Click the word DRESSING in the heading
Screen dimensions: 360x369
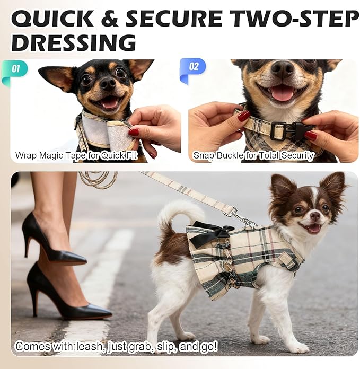pos(74,42)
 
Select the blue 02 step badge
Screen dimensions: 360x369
pos(192,70)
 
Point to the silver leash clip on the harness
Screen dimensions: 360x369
pos(247,221)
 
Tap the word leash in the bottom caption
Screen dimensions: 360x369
pos(90,346)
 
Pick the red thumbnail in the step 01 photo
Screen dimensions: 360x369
pos(134,132)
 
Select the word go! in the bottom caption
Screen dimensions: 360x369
pos(209,346)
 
